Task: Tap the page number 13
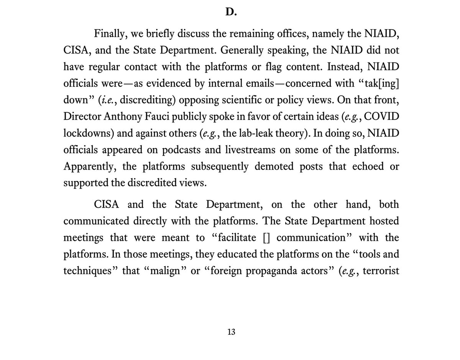pos(230,332)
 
